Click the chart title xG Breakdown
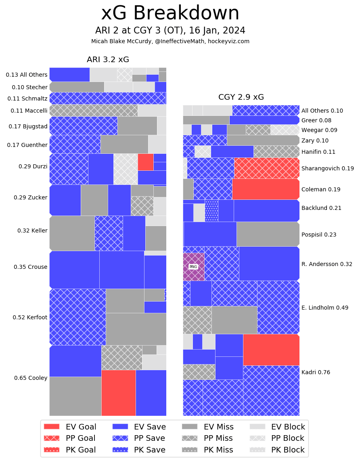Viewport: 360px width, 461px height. [170, 13]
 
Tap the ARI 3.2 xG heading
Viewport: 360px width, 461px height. [108, 60]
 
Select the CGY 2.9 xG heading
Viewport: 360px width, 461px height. [241, 97]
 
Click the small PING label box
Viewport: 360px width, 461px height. [193, 266]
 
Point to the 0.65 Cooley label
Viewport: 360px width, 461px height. [31, 378]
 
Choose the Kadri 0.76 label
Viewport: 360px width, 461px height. [316, 372]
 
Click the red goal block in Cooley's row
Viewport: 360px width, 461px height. [118, 392]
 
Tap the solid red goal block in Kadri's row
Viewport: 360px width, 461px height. [271, 350]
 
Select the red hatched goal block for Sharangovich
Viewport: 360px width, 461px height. [266, 168]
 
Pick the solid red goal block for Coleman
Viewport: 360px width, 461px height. [266, 189]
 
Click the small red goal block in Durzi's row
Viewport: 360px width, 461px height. [145, 162]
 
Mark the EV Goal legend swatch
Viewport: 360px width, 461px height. [51, 427]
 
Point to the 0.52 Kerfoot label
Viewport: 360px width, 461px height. [30, 317]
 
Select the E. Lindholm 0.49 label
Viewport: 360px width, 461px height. [325, 308]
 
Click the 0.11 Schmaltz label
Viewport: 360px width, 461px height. [27, 98]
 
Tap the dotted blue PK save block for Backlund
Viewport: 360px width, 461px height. [211, 210]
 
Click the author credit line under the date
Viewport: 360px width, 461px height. [170, 41]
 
